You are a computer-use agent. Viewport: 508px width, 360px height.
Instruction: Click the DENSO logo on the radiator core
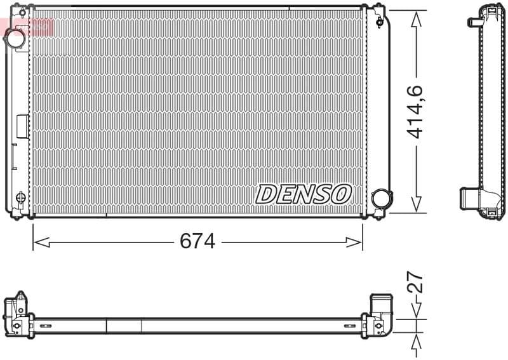tap(304, 194)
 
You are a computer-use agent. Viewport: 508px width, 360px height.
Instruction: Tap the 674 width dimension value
tap(197, 241)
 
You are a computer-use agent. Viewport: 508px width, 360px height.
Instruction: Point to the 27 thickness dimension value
tap(415, 283)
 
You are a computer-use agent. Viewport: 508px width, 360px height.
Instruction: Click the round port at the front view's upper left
tap(15, 38)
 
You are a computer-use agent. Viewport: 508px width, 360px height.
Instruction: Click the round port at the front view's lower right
tap(382, 199)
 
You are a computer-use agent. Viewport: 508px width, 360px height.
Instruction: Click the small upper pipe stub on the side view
tap(474, 22)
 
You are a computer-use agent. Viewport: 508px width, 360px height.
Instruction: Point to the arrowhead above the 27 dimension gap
tap(415, 312)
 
